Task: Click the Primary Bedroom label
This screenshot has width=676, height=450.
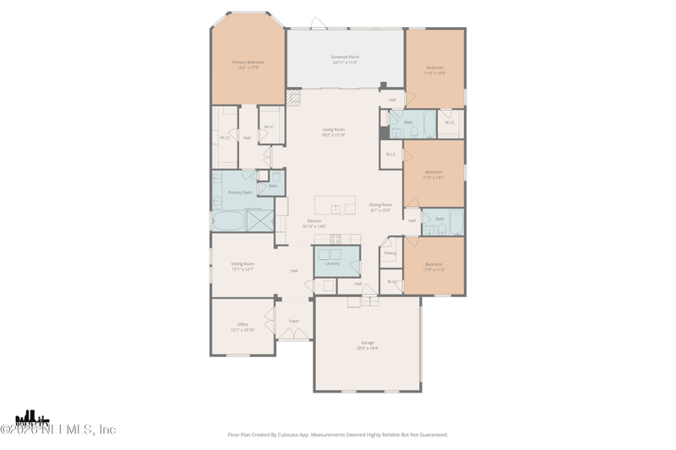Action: click(248, 62)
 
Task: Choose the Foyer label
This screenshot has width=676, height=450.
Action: click(294, 321)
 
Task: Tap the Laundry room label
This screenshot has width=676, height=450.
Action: click(333, 263)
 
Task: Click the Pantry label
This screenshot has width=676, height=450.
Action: click(390, 253)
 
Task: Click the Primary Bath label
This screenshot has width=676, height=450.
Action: click(239, 192)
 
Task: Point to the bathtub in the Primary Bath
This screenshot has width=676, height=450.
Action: click(227, 221)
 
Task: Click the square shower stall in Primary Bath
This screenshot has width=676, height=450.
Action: click(259, 220)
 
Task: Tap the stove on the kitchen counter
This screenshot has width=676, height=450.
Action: click(335, 239)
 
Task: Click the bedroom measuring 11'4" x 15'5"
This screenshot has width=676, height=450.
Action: click(434, 70)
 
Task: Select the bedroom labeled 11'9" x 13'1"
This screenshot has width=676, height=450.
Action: click(433, 175)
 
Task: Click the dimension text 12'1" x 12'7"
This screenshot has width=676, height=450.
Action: click(243, 269)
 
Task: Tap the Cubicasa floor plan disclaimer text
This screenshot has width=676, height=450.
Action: click(338, 435)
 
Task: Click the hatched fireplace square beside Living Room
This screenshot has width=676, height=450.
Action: click(294, 99)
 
